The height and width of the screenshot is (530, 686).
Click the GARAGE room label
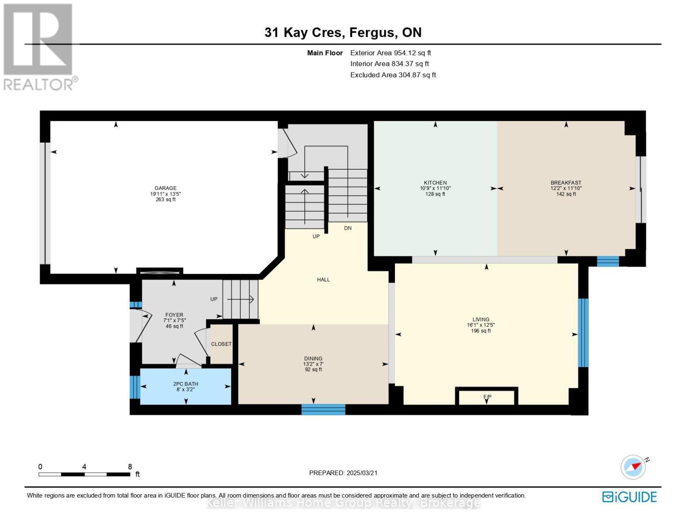165,188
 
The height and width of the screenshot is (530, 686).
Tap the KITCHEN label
436,183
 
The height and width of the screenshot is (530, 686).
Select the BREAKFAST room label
566,183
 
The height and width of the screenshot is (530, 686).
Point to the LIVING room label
481,319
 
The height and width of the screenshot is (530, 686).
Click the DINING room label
313,359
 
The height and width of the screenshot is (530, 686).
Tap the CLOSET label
221,344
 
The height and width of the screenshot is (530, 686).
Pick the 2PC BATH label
186,384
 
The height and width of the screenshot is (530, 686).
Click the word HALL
324,280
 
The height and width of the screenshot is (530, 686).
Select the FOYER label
174,315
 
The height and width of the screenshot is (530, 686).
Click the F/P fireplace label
487,397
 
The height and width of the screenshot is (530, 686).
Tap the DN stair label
348,228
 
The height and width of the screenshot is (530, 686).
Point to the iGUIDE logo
629,497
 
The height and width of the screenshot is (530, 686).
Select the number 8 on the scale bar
130,466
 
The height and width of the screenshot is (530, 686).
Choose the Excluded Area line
393,75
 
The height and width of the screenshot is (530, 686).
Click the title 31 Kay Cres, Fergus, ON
343,33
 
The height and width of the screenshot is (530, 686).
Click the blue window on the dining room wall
323,410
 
